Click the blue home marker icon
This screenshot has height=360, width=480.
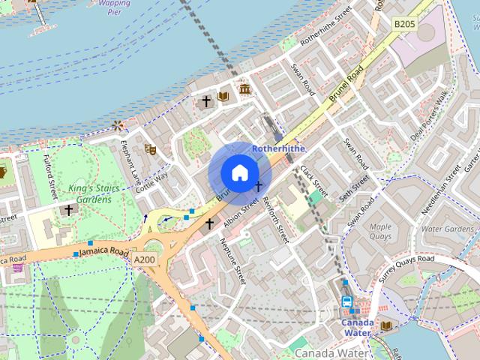238,173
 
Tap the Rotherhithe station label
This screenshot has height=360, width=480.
278,148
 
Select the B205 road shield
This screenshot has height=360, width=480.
404,24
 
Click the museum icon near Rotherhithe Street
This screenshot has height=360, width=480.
244,90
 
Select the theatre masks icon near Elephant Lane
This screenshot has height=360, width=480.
150,149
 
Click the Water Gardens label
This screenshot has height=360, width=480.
447,229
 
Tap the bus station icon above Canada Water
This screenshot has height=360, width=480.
347,301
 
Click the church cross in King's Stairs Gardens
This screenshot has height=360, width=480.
69,211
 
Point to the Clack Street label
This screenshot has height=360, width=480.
310,179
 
